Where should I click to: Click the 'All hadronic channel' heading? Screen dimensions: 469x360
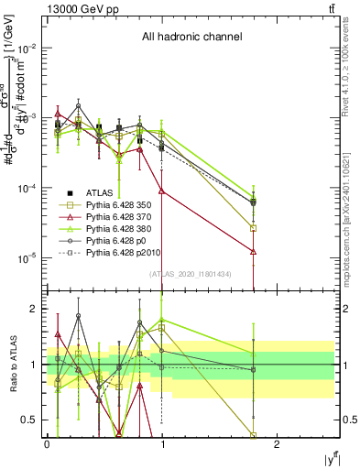point(191,38)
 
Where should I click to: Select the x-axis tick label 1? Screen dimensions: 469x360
point(162,443)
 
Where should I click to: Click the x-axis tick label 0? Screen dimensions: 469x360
point(47,443)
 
